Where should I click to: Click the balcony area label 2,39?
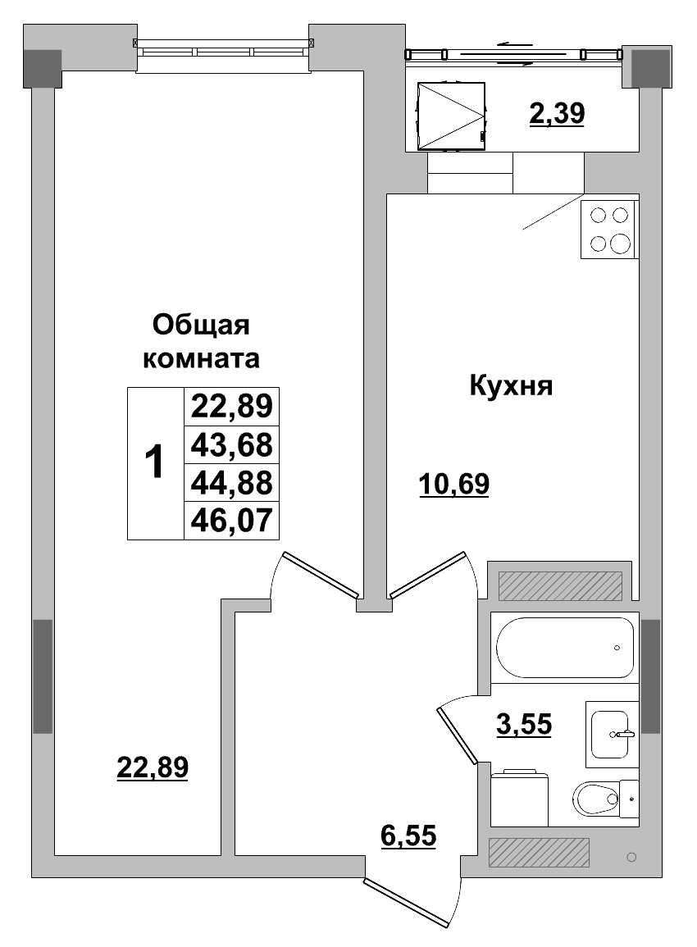coord(557,114)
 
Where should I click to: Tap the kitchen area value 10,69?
coord(453,485)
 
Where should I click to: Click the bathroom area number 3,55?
coord(524,724)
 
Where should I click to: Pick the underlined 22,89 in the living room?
coord(153,767)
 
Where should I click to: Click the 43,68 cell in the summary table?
coord(231,444)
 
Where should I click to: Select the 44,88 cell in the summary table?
coord(231,482)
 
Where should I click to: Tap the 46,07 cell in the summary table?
coord(231,520)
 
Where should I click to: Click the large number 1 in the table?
coord(154,463)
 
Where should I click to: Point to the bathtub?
coord(564,648)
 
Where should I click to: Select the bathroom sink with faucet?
coord(612,731)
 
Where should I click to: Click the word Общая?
coord(201,326)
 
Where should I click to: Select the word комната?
coord(202,358)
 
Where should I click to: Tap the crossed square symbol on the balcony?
coord(451,116)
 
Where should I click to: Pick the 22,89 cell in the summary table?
coord(231,406)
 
